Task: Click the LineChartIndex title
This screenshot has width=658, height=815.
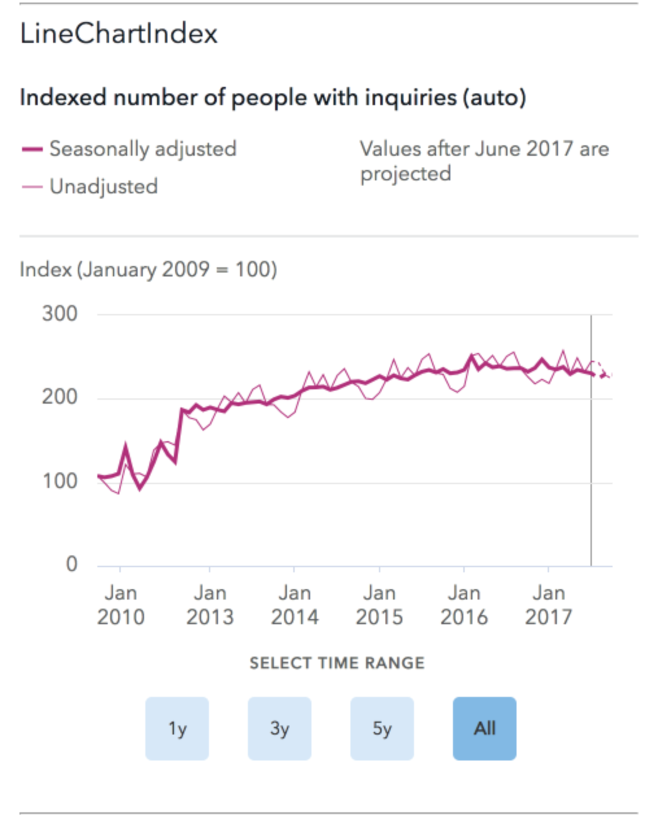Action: click(x=119, y=34)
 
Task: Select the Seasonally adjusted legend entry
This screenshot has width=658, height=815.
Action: click(x=143, y=149)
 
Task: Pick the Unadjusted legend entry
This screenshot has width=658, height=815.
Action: click(x=104, y=187)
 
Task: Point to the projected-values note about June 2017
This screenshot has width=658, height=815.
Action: click(x=484, y=161)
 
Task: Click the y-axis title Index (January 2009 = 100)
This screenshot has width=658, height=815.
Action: click(x=149, y=269)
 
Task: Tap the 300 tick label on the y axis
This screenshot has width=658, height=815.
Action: click(x=60, y=314)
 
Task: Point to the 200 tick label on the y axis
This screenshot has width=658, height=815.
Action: click(x=60, y=397)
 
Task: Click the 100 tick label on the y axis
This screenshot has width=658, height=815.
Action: click(x=60, y=481)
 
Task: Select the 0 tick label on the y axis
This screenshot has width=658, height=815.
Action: click(x=71, y=564)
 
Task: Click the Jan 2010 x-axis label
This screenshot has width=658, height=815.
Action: click(x=121, y=605)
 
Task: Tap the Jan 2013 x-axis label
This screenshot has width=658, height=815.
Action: click(x=210, y=605)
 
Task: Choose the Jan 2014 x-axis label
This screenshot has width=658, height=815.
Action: click(x=295, y=605)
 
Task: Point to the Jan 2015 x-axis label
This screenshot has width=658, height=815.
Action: click(x=380, y=605)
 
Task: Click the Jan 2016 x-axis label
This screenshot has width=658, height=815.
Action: click(x=464, y=605)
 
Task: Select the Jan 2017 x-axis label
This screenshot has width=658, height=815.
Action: click(x=549, y=605)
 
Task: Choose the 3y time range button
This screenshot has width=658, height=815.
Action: click(x=280, y=729)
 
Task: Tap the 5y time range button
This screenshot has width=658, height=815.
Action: click(x=382, y=729)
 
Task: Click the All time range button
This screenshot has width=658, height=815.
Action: click(x=485, y=729)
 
